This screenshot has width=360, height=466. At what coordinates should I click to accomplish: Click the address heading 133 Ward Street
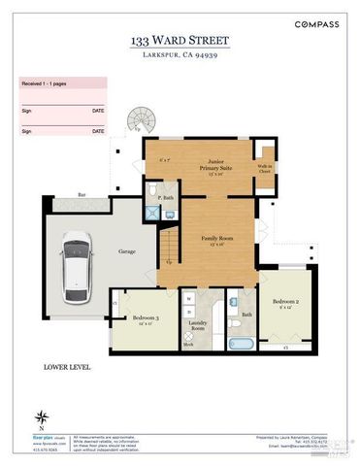point(180,41)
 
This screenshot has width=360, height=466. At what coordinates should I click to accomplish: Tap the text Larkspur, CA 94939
point(180,56)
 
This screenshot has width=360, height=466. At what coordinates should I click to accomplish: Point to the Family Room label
point(206,238)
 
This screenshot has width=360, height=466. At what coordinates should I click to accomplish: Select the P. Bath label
point(166,198)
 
